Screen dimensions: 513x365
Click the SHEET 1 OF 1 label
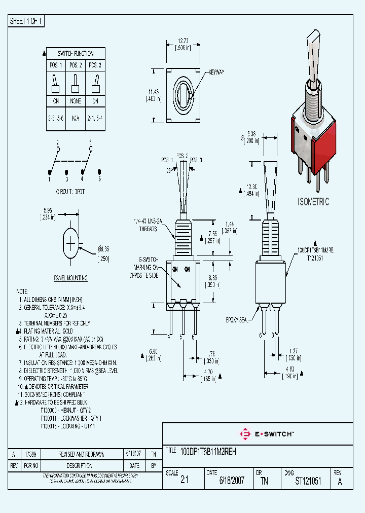[27, 21]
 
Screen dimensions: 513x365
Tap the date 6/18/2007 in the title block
[232, 481]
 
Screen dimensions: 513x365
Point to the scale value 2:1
[184, 481]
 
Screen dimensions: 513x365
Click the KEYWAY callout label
[215, 73]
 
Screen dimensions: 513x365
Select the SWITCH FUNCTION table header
[76, 53]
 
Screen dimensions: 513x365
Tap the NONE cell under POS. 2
[76, 100]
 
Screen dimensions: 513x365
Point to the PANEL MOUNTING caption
[70, 278]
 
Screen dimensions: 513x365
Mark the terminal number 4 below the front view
[169, 337]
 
